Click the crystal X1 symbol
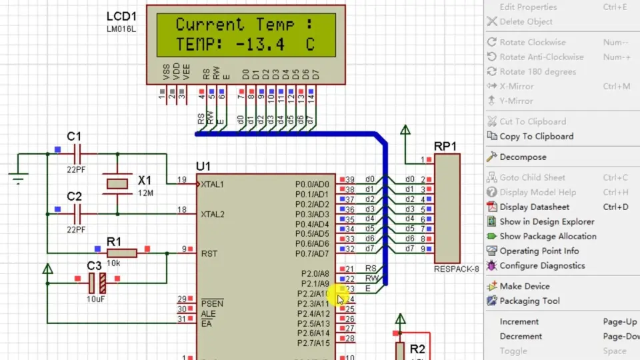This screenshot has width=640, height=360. pos(117,183)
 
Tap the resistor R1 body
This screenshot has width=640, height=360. pos(123,253)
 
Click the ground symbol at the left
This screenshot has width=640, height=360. pos(18,177)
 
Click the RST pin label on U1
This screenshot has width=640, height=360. pos(209,253)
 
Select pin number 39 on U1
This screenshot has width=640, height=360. pos(350,180)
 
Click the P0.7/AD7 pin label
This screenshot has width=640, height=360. pos(313,254)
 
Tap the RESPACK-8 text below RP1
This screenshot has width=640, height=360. pos(457,270)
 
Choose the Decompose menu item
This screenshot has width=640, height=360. pos(523,157)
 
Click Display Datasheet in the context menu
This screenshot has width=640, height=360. pos(535,207)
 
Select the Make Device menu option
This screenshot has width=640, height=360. pos(525,286)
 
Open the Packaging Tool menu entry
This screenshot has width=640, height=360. pos(529,301)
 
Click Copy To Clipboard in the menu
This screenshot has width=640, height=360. pos(536,136)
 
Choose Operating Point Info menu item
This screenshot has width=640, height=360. pos(539,251)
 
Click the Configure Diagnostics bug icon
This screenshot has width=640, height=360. pos(492,265)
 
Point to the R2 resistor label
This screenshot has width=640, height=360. pos(417,349)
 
